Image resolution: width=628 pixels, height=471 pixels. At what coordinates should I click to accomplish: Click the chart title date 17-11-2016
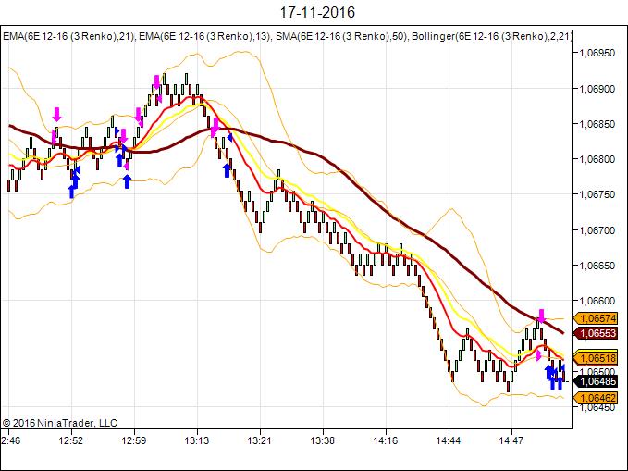tap(314, 13)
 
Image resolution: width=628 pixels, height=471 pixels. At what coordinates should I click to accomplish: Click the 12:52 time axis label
tap(71, 440)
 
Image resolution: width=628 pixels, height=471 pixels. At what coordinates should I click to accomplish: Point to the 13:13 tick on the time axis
tap(197, 440)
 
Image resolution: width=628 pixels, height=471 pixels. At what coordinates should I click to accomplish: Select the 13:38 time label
tap(323, 440)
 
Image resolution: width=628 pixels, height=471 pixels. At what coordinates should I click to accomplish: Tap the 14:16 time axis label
tap(386, 440)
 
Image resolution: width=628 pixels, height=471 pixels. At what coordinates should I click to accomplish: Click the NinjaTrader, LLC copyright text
tap(59, 422)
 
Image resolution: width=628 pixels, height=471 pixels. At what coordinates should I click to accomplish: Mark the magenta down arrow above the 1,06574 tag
tap(542, 315)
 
